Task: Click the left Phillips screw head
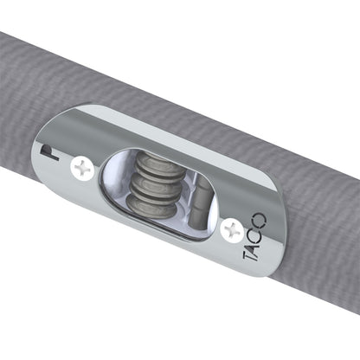tap(83, 168)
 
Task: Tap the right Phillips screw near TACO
tap(231, 228)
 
